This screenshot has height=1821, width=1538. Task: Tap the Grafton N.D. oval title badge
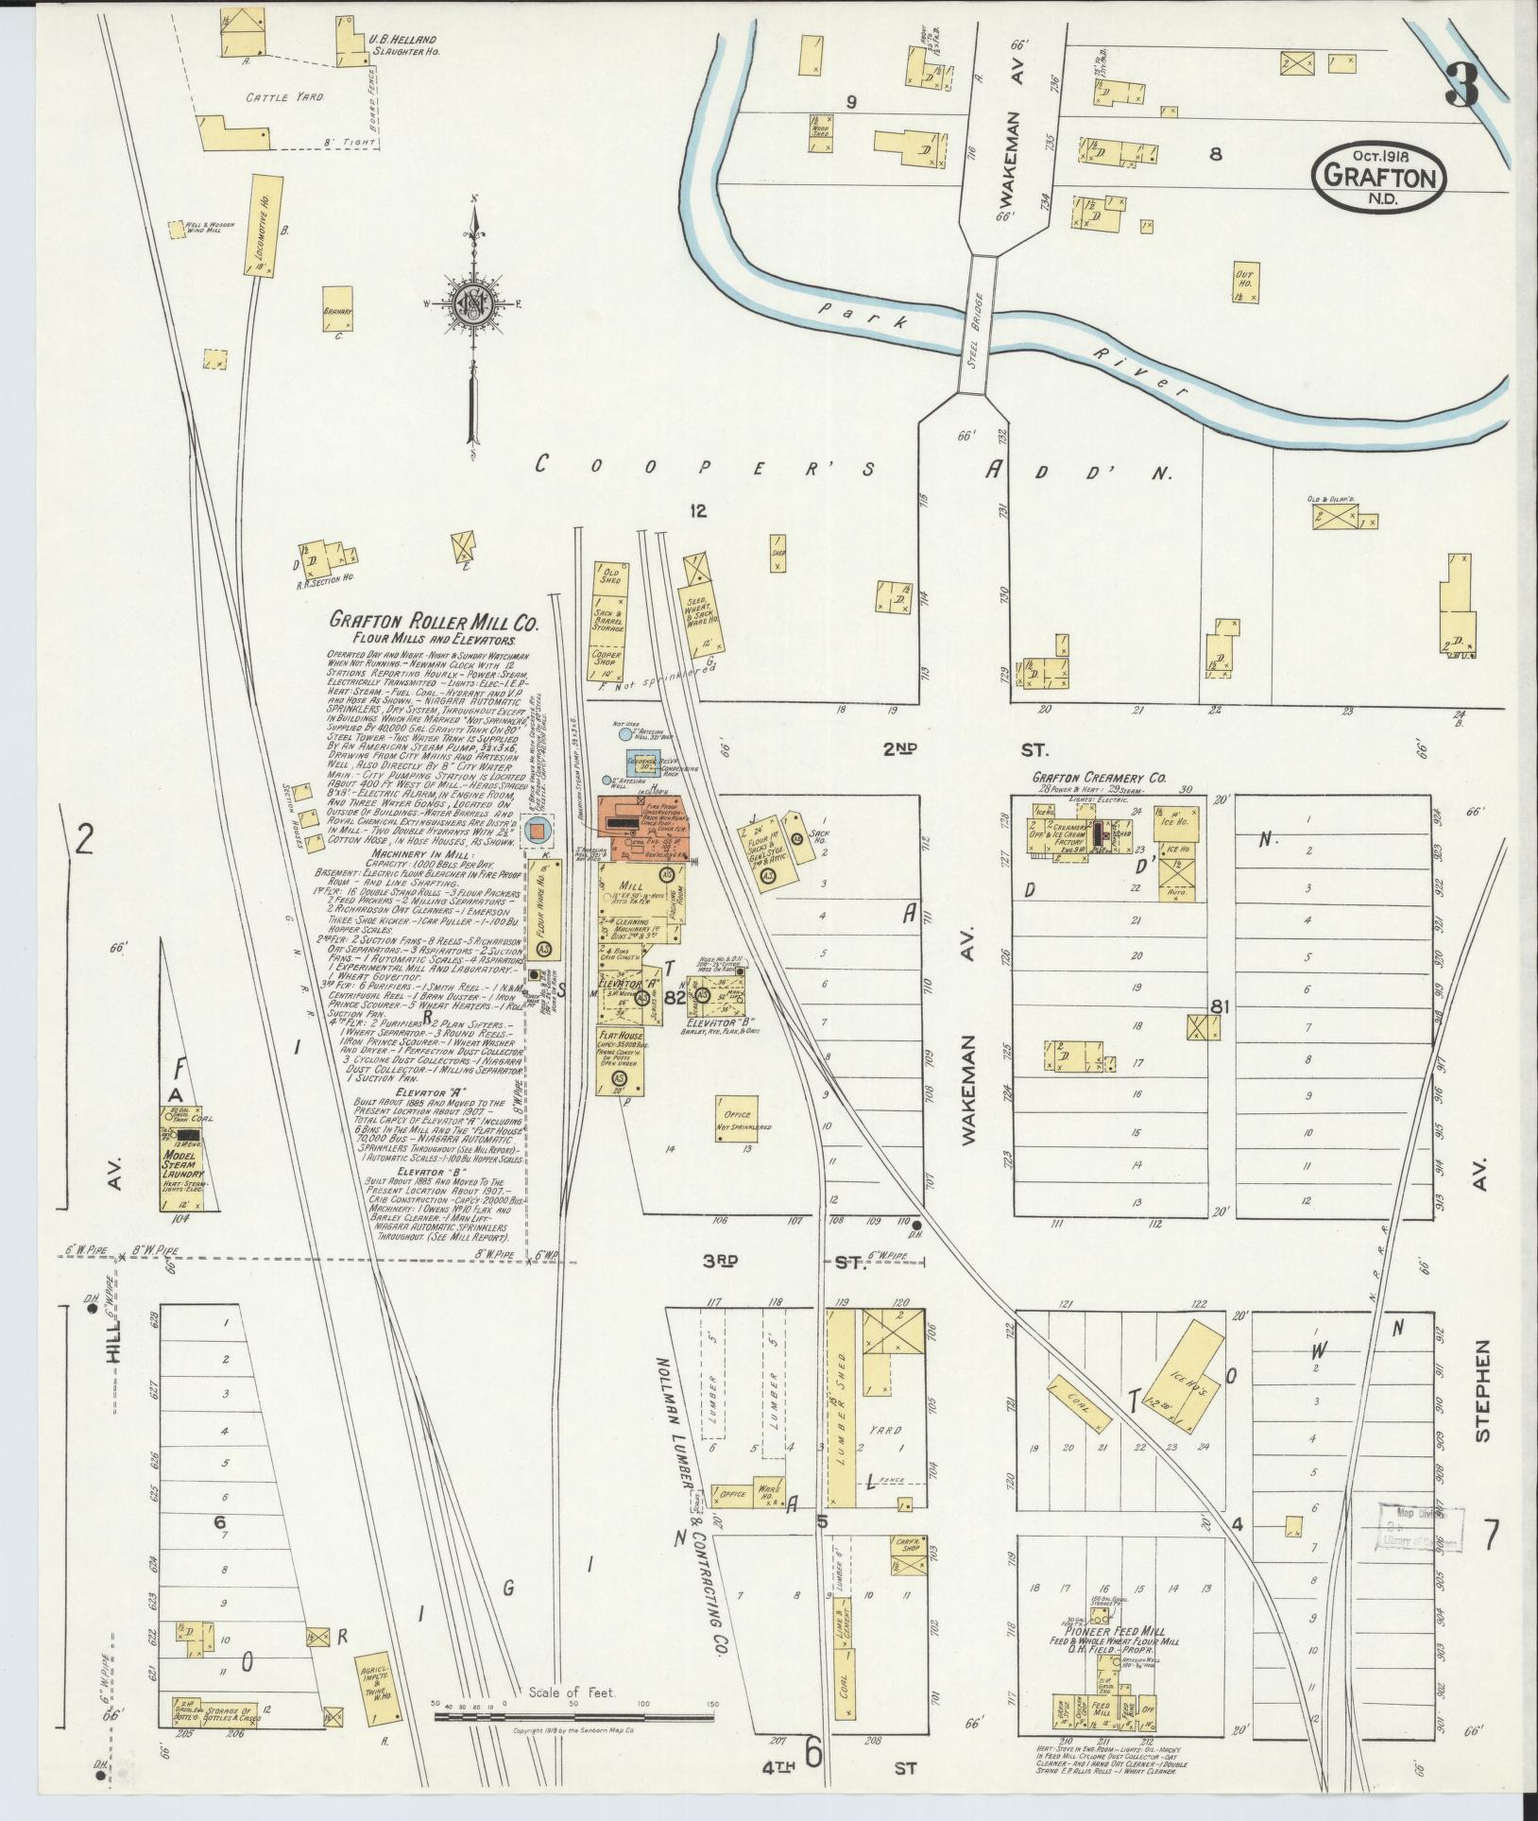pyautogui.click(x=1378, y=178)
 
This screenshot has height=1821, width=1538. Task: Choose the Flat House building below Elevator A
pyautogui.click(x=621, y=1060)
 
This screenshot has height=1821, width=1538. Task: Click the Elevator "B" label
pyautogui.click(x=713, y=1022)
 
